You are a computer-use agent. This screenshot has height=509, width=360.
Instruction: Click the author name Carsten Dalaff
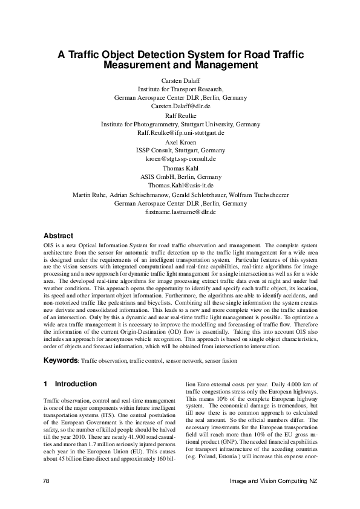180,80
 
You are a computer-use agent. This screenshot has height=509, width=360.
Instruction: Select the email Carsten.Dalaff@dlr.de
180,105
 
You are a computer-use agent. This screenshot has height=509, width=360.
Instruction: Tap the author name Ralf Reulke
180,114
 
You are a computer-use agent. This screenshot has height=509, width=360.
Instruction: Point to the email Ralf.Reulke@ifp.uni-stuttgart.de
180,132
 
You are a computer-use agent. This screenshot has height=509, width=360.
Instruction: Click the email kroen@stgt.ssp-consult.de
180,158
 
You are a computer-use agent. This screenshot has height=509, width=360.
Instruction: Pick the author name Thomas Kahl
180,167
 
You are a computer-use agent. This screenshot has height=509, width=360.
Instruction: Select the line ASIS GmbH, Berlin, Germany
180,176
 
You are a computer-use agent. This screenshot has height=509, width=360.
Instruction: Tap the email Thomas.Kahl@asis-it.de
180,185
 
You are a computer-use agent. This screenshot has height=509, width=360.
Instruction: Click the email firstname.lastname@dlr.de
180,212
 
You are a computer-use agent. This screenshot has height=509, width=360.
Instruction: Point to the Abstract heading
59,236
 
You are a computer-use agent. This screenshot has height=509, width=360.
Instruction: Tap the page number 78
47,481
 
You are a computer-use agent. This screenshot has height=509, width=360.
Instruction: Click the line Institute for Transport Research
180,88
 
